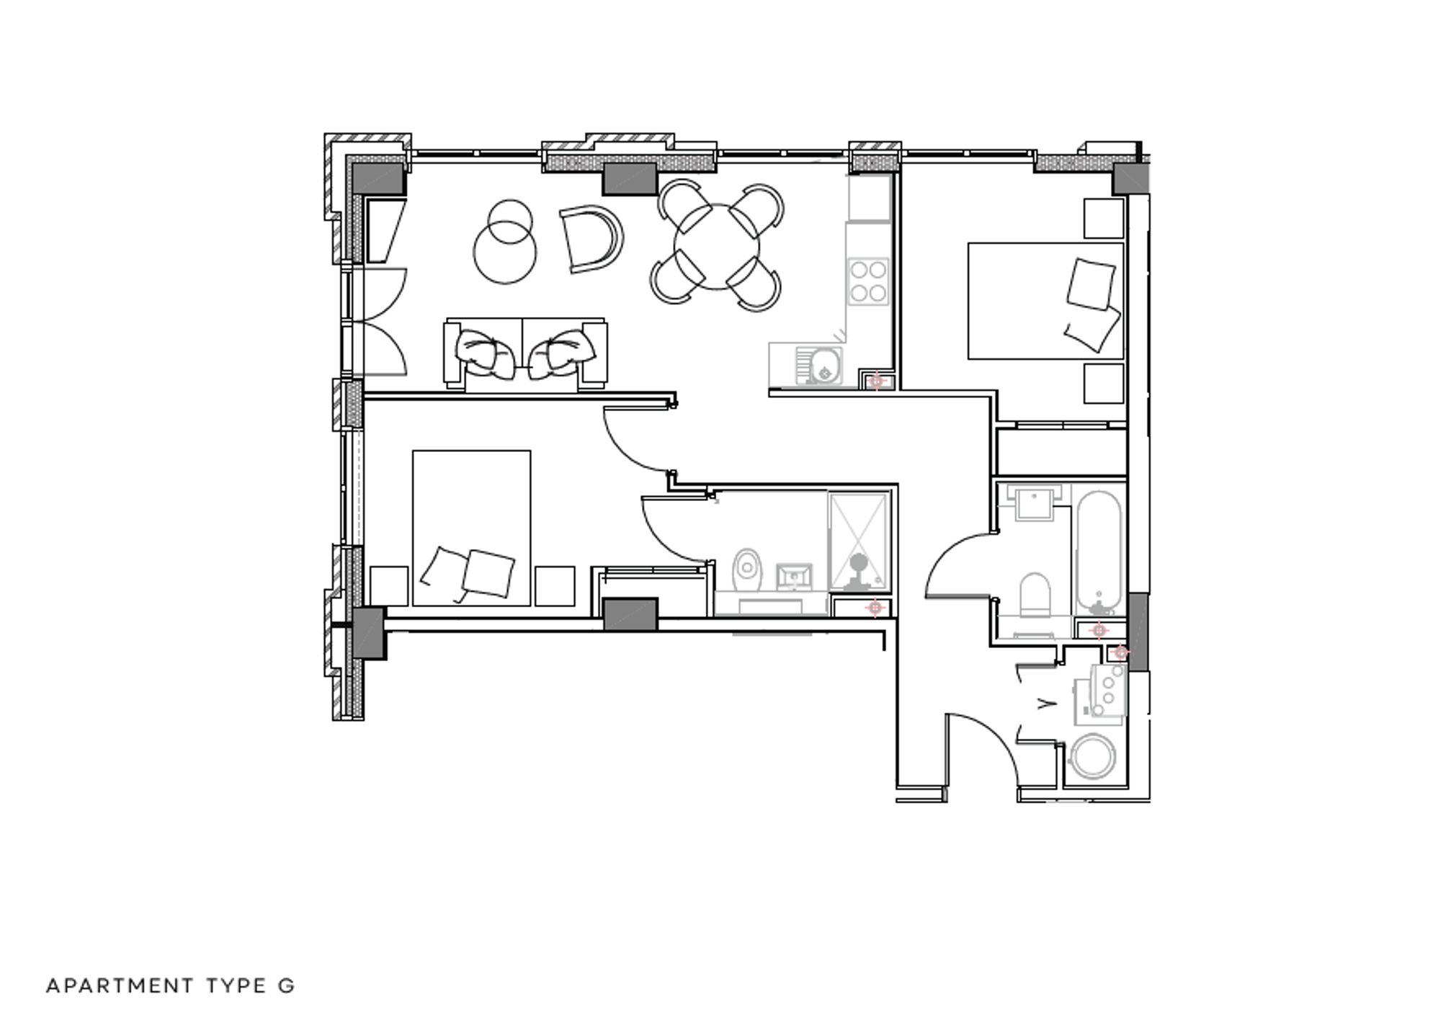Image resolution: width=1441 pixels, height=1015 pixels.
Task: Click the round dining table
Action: point(717,247)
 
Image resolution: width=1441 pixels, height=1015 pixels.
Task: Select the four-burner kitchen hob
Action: point(868,281)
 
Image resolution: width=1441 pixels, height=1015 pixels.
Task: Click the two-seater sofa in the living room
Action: point(525,355)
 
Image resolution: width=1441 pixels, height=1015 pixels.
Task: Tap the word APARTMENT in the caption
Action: point(120,985)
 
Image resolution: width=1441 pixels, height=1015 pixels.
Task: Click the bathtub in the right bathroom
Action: point(1098,551)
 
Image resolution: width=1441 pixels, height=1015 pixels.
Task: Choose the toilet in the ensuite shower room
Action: point(747,569)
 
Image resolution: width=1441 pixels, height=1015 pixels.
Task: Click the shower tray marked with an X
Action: point(859,541)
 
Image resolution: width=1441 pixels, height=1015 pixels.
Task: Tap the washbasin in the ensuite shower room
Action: point(794,576)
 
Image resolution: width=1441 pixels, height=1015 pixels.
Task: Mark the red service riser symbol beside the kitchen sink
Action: point(876,380)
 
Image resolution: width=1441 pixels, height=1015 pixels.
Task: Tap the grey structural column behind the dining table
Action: point(629,179)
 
